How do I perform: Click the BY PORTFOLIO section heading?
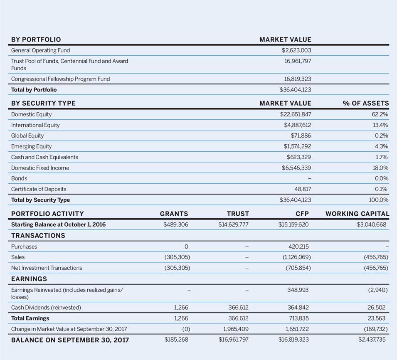coord(36,39)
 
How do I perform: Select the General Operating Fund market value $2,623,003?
coord(296,50)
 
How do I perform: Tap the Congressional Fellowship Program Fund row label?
coord(60,79)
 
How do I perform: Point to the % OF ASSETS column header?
coord(366,103)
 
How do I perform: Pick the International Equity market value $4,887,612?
coord(296,125)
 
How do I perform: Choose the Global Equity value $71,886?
coord(301,136)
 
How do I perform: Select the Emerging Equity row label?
coord(32,146)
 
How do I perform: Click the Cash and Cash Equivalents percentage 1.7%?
coord(381,157)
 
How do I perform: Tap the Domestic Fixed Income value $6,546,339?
coord(296,168)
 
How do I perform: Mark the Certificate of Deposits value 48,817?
coord(303,189)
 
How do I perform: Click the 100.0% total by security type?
coord(378,200)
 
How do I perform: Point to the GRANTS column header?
coord(174,214)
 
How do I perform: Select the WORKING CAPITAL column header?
coord(357,214)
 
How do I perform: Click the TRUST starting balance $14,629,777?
coord(234,224)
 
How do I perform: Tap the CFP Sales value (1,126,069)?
coord(296,257)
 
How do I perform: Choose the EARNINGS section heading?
coord(29,279)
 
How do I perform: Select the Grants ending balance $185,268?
coord(177,340)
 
